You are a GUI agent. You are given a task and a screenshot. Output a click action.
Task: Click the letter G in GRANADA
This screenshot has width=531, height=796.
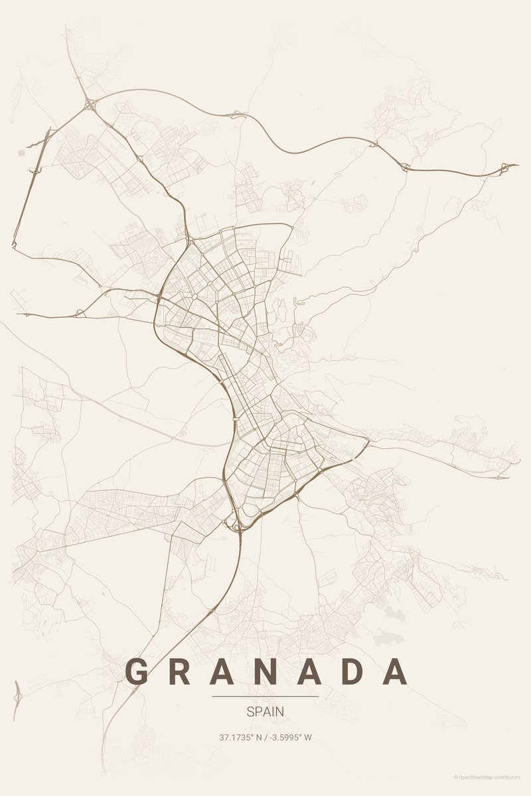[137, 672]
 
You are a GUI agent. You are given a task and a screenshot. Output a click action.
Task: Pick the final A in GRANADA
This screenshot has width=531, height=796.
[396, 672]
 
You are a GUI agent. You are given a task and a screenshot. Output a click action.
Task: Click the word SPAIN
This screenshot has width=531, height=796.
[265, 712]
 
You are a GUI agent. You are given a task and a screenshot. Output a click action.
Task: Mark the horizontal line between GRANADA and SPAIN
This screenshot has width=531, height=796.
[265, 696]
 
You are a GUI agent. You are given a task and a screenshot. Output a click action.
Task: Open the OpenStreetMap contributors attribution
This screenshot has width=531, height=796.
[487, 777]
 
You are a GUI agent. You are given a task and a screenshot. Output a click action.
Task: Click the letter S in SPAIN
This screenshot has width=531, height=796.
[250, 712]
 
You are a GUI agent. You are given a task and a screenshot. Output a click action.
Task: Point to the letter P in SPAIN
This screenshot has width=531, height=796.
[258, 712]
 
